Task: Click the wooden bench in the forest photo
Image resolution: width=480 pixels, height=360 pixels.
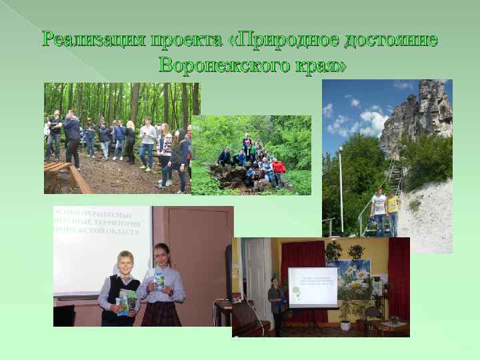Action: pos(60,174)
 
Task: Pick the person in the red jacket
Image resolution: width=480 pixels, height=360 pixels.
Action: pos(280,171)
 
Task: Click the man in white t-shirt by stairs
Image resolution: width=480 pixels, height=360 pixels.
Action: pos(379,210)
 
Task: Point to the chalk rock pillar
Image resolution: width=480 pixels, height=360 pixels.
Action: pos(417,117)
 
